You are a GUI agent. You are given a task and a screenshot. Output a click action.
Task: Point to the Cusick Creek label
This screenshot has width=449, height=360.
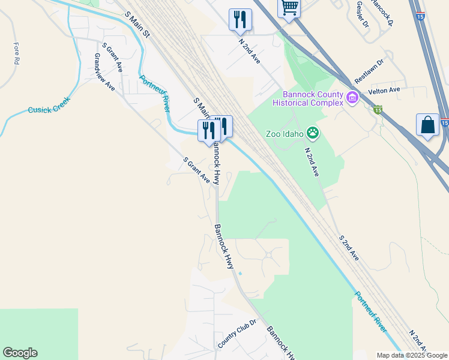pos(49,106)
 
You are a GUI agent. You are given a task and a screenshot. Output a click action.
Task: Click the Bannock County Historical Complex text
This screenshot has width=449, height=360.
pos(308,98)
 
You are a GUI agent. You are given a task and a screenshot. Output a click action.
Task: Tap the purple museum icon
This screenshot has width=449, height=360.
pos(352,97)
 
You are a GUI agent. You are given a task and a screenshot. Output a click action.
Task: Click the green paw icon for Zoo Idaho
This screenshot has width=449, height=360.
pos(313,132)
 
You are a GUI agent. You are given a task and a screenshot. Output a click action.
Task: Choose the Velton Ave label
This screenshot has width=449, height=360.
pos(384,90)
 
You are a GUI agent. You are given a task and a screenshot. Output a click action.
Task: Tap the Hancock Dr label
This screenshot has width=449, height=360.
pos(382,12)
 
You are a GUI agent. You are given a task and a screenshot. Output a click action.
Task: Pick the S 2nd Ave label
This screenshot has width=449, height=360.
pos(348,248)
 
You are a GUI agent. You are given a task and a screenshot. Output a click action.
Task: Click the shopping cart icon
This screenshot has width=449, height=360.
pos(289,8)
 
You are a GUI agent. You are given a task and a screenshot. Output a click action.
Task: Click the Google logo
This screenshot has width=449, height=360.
pos(20,353)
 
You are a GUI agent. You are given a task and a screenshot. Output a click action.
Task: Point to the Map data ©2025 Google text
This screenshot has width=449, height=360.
pos(412,355)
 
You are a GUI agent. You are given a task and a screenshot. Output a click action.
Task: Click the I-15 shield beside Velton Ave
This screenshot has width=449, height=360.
pos(378,109)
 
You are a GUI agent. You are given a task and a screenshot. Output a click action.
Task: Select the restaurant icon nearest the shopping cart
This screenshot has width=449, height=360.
pos(240,19)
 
